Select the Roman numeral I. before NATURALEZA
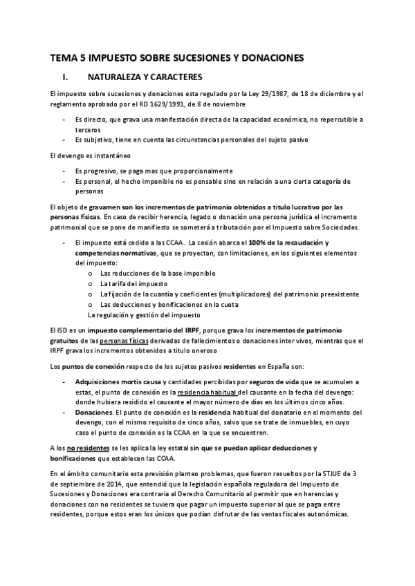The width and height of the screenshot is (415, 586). tap(65, 77)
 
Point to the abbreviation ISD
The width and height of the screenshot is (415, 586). tap(62, 329)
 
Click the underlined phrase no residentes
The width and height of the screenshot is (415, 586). tap(80, 448)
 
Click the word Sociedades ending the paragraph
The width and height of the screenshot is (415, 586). tap(338, 227)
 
